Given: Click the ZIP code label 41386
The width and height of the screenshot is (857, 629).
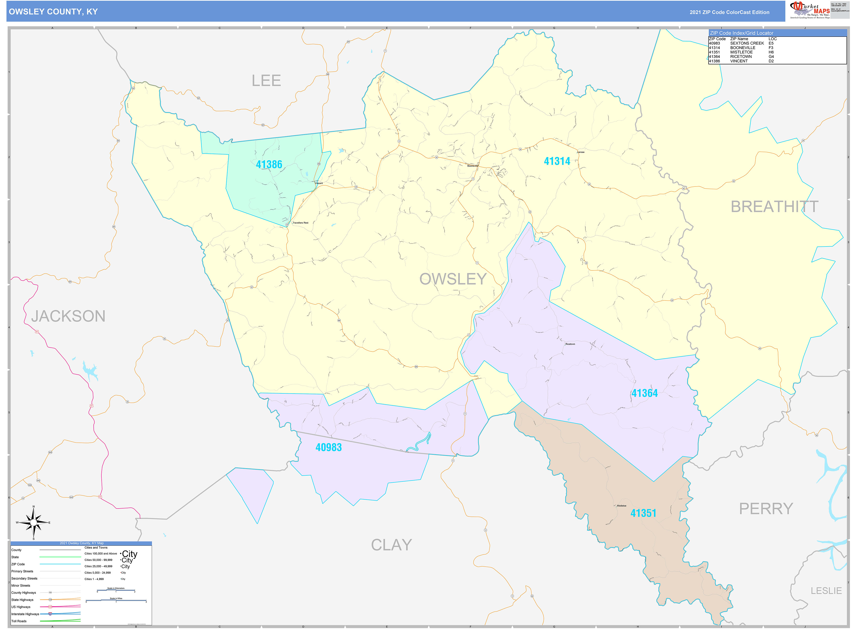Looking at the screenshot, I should pos(269,165).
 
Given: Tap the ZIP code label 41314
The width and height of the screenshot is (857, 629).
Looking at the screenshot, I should pos(557,161).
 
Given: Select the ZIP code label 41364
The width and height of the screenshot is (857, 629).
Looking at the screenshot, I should pos(645,393).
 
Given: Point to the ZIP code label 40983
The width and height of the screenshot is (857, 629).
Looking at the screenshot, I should pos(328,447).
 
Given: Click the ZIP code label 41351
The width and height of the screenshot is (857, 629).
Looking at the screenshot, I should pos(643,513).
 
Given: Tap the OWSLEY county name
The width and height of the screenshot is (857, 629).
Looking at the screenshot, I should pos(453,279).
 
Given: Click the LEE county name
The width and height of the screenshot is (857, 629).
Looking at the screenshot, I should pos(266,81).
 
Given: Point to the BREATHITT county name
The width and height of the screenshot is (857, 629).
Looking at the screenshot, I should pos(774,207).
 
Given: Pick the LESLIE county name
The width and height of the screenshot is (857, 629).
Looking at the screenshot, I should pos(826,591).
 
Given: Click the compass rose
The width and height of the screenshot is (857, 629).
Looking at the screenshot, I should pos(33,523).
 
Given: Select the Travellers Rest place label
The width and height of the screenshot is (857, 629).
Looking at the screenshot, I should pos(301,223).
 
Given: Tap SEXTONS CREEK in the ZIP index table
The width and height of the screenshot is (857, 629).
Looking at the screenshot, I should pos(747,43).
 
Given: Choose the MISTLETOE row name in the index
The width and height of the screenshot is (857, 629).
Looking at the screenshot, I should pos(741,52).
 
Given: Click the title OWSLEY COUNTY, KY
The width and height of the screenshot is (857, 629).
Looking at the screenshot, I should pos(53,12).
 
